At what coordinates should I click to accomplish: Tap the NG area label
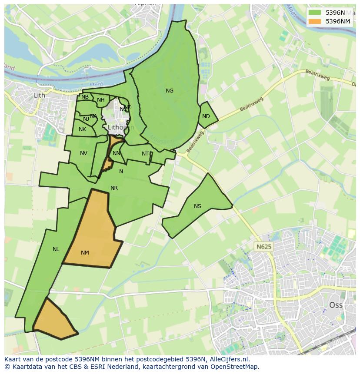[170, 91]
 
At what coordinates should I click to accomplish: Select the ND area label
[206, 116]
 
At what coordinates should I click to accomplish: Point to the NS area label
[198, 206]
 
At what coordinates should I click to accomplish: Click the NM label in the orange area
[85, 253]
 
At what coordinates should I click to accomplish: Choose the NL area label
[56, 249]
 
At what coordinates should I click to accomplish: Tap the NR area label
[114, 188]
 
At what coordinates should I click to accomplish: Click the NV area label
[83, 153]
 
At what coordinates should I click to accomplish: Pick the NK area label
[82, 129]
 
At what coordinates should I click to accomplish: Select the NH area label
[101, 100]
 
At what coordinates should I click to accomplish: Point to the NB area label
[85, 97]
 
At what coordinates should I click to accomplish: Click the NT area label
[145, 154]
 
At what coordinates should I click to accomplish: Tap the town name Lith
[39, 95]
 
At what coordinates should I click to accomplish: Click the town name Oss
[336, 305]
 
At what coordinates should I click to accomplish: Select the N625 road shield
[263, 247]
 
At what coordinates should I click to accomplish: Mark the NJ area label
[86, 119]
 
